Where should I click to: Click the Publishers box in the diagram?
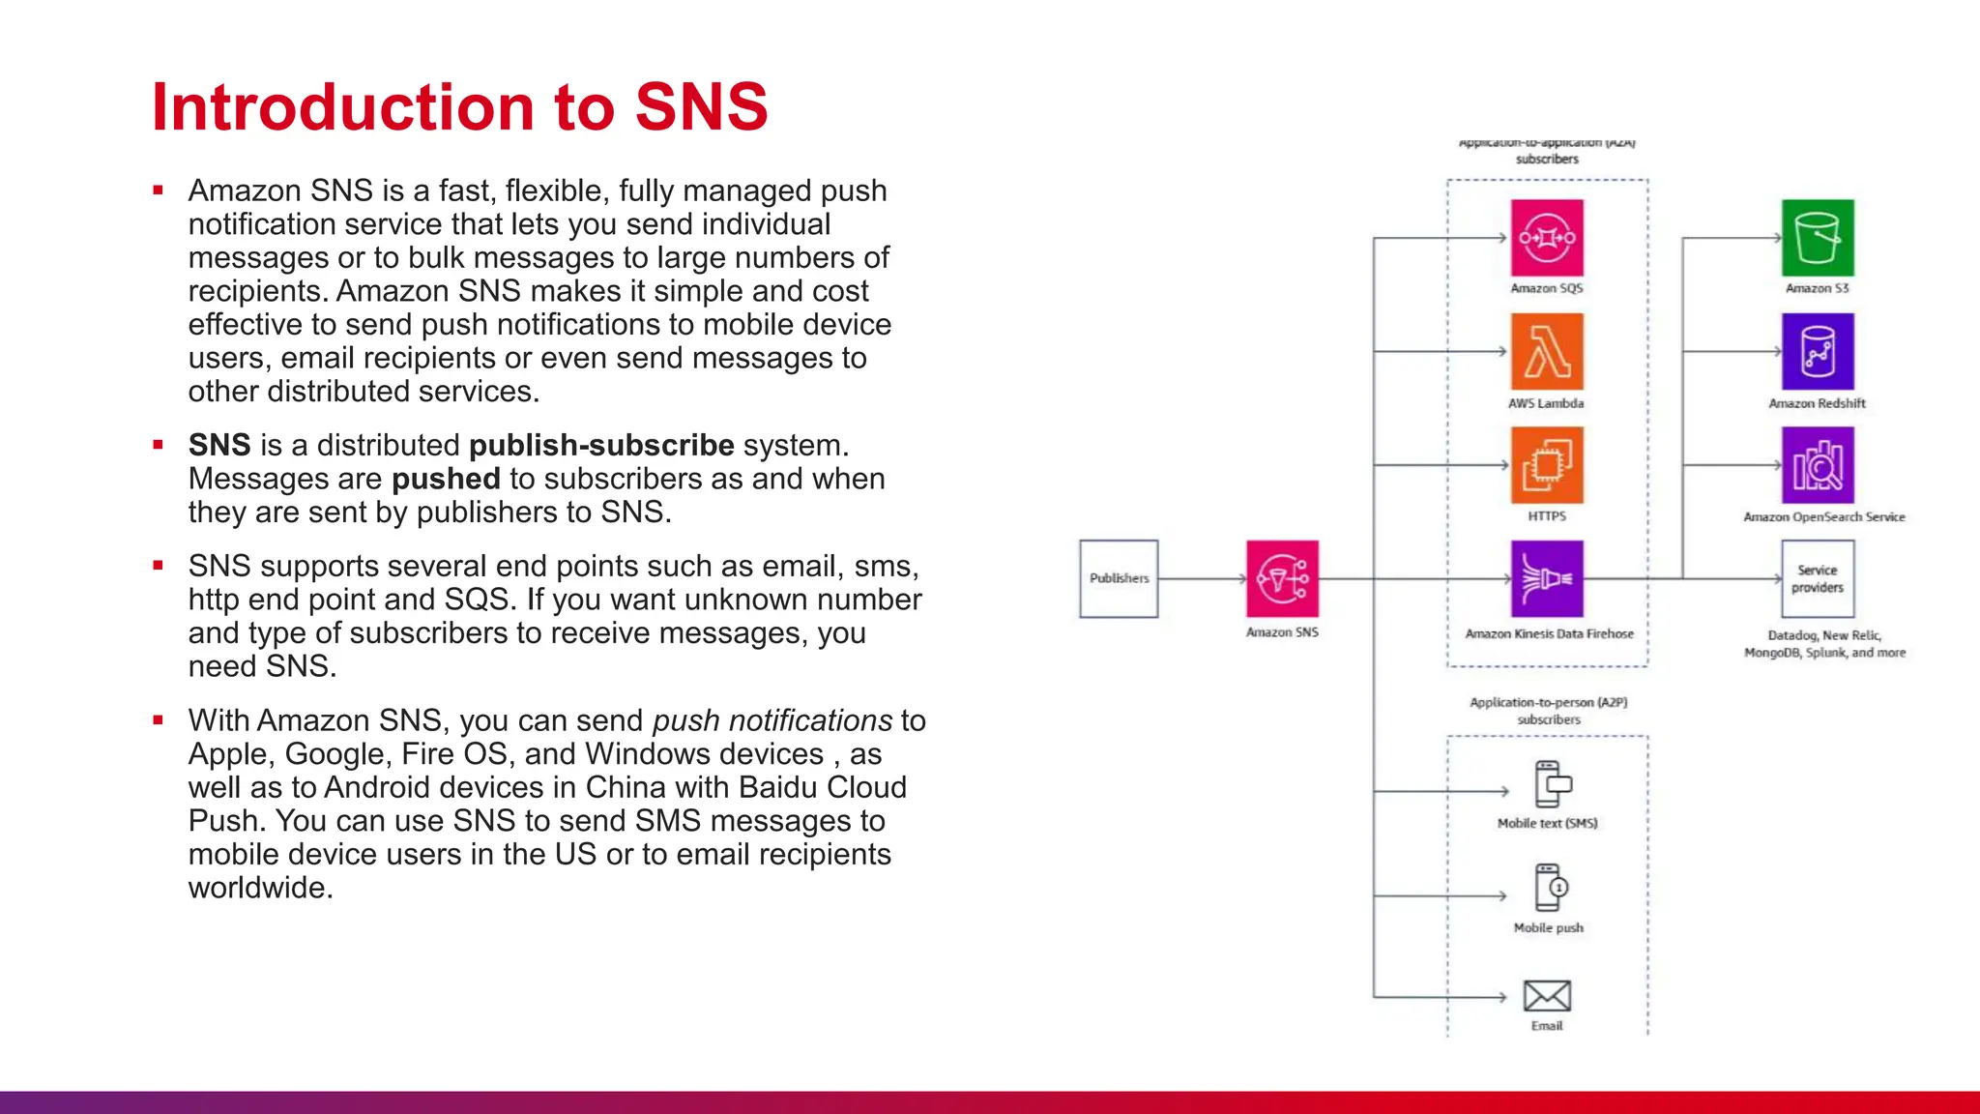coord(1119,578)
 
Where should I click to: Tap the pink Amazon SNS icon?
coord(1282,578)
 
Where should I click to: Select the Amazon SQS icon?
coord(1547,238)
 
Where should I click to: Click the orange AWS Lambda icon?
coord(1547,351)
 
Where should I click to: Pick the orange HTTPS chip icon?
coord(1547,465)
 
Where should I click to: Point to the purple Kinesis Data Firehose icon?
coord(1547,578)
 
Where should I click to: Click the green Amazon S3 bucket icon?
coord(1818,238)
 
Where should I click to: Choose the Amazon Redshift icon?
coord(1818,351)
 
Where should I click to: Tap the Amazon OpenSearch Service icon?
coord(1818,465)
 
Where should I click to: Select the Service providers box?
coord(1818,578)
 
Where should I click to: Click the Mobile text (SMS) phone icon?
coord(1551,784)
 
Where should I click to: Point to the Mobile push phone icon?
coord(1551,888)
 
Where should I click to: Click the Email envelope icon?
coord(1547,995)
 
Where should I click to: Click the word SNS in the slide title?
coord(701,106)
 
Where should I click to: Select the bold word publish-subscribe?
coord(601,445)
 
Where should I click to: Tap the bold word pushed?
coord(446,479)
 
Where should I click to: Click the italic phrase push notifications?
coord(772,720)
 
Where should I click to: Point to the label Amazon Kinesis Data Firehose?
coord(1549,634)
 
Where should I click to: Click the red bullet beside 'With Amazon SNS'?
coord(158,719)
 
